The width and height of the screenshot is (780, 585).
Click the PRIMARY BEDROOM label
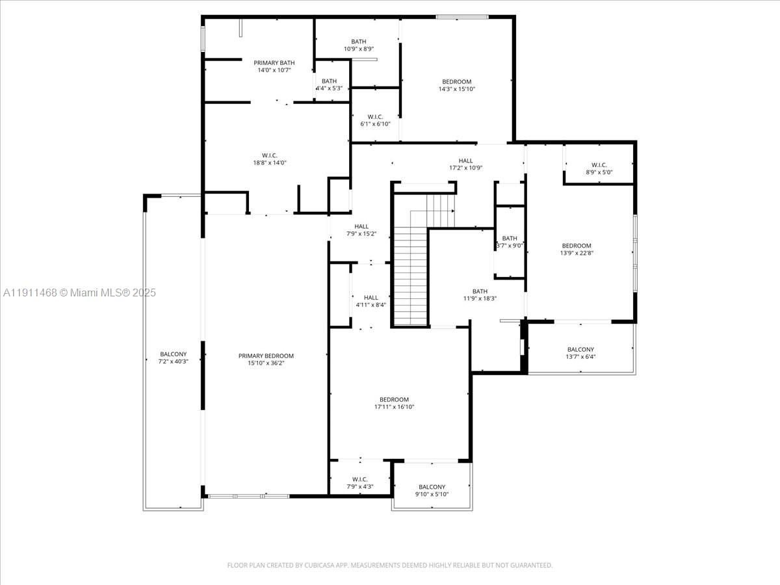[266, 356]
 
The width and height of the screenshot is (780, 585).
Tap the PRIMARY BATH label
[274, 62]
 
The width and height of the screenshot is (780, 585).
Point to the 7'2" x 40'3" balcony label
[173, 361]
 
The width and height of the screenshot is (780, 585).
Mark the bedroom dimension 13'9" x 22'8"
[577, 253]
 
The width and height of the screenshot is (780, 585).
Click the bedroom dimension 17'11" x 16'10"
[394, 407]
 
